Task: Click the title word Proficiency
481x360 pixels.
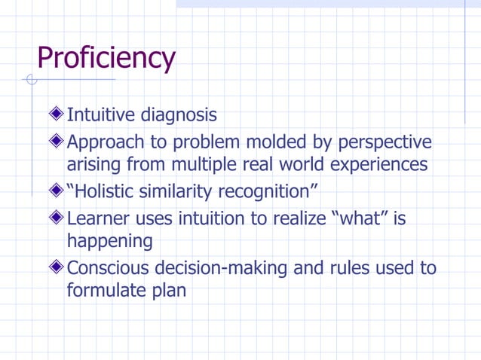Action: [x=106, y=58]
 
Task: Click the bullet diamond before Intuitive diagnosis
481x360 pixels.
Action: [x=57, y=115]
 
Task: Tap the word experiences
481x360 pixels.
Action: [x=375, y=164]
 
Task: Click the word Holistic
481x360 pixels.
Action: [x=105, y=191]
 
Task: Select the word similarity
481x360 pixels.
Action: [x=179, y=192]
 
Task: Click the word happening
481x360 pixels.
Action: [x=109, y=241]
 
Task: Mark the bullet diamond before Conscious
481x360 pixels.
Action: [x=57, y=267]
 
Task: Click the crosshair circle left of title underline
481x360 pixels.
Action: [x=31, y=80]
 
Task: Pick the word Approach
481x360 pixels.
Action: [x=102, y=143]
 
